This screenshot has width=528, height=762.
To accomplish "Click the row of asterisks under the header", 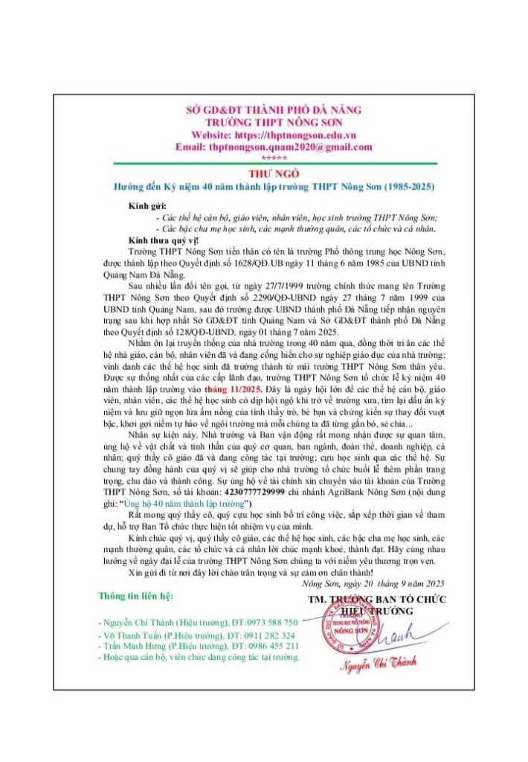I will (x=263, y=158).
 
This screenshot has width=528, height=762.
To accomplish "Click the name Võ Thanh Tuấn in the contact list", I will (x=126, y=635).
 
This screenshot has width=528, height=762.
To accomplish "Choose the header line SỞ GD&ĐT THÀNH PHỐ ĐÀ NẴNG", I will (x=263, y=110).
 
